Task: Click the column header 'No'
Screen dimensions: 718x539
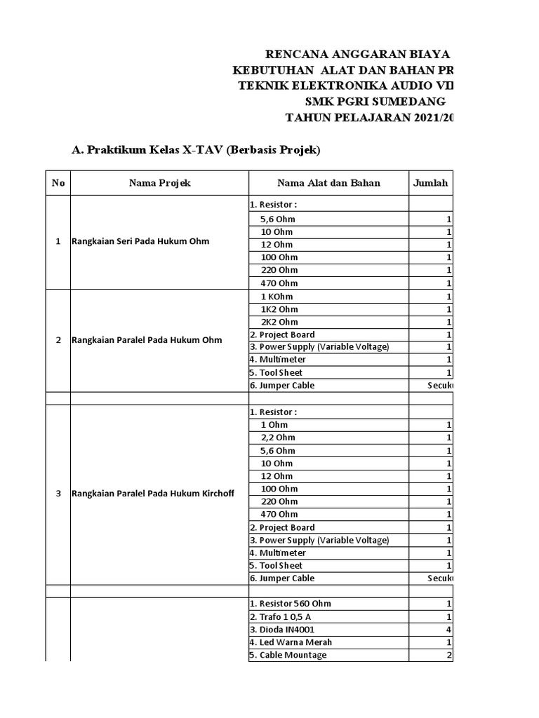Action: click(58, 183)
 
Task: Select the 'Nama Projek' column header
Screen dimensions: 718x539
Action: click(159, 183)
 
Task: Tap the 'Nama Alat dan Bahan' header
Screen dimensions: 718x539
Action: click(328, 183)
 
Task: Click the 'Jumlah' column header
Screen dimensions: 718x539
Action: click(431, 183)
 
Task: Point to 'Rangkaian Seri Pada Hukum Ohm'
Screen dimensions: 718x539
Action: click(140, 242)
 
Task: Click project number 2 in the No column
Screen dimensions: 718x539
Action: click(58, 340)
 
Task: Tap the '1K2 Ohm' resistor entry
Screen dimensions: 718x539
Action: click(279, 309)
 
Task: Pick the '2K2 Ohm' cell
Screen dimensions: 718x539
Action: click(279, 322)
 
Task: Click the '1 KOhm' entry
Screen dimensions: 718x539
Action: click(277, 297)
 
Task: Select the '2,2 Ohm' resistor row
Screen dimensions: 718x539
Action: click(279, 438)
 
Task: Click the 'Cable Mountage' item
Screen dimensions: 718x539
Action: click(288, 655)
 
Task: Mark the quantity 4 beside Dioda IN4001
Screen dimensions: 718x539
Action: click(448, 630)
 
